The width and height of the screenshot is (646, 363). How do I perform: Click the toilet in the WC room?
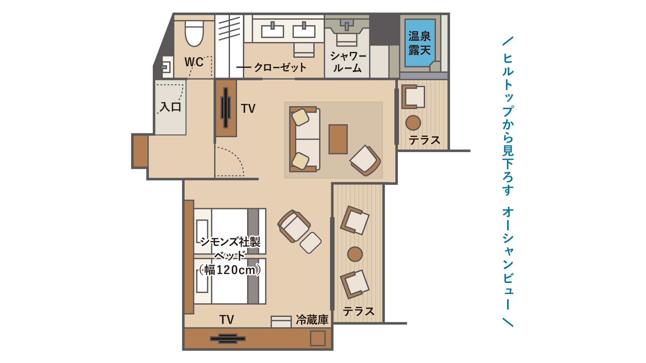click(x=194, y=34)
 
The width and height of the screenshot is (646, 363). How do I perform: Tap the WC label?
click(x=194, y=62)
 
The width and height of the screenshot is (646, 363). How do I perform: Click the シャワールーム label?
click(x=348, y=62)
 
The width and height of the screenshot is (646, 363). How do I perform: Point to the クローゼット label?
click(x=280, y=67)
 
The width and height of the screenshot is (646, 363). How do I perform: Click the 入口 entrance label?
click(x=171, y=106)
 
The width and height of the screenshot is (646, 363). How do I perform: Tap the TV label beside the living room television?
click(x=248, y=109)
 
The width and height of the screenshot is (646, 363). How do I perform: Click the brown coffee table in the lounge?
click(x=338, y=139)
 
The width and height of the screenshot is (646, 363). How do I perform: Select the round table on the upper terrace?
click(x=413, y=123)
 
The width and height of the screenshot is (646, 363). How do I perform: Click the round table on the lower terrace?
click(x=355, y=254)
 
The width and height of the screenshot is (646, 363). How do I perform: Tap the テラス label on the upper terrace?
click(x=424, y=140)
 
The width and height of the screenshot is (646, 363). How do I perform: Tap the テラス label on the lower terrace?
click(x=359, y=311)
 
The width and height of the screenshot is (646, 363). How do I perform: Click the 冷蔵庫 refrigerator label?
click(x=312, y=320)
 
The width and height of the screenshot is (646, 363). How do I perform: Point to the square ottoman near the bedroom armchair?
click(x=310, y=243)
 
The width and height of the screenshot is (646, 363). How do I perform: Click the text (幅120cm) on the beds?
click(x=230, y=270)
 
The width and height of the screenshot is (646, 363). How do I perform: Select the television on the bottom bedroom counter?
click(x=228, y=338)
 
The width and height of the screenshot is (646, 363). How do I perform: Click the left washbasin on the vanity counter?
click(x=272, y=31)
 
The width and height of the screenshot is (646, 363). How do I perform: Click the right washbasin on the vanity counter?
click(x=304, y=31)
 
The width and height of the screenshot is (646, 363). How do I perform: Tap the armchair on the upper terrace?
click(x=413, y=96)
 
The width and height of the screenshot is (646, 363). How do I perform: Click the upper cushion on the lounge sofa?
click(x=300, y=117)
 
